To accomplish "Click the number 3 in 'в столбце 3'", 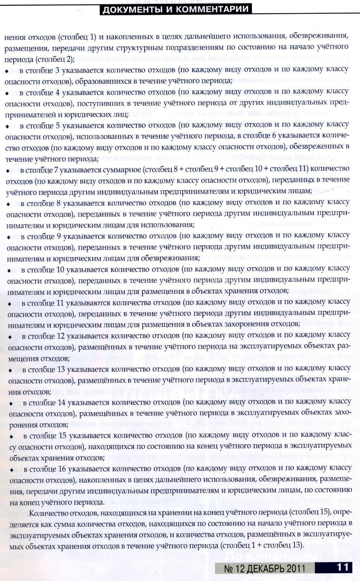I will click(57, 70).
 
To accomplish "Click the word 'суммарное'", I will click(126, 169).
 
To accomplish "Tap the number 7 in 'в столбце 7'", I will click(57, 169).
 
